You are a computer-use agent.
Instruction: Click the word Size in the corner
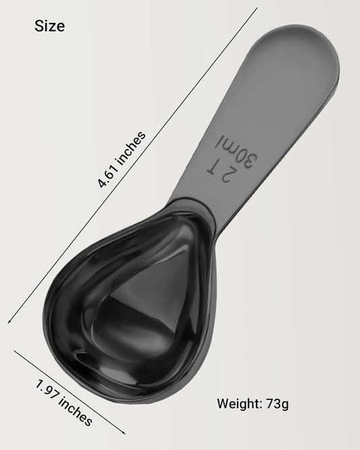50,27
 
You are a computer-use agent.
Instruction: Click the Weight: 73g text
253,405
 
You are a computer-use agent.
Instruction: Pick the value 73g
276,405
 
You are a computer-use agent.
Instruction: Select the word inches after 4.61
132,148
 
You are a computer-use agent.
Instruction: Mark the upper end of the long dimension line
257,8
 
